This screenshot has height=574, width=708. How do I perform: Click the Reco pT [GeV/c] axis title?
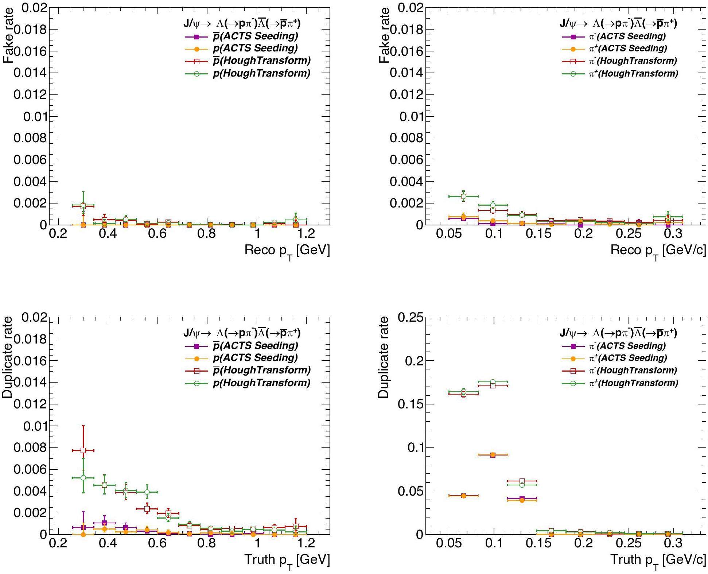[x=658, y=251]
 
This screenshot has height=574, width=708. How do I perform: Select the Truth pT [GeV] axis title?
[x=287, y=560]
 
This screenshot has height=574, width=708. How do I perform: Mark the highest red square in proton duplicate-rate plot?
[x=83, y=450]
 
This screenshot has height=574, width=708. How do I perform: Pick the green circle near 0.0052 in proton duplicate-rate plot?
[x=83, y=478]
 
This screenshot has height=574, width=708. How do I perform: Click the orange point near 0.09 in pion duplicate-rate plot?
[x=493, y=455]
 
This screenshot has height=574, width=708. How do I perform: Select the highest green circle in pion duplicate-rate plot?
[x=493, y=382]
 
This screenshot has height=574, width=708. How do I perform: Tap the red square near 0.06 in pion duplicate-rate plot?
[x=522, y=481]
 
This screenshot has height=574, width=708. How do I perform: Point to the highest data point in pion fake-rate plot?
[x=463, y=196]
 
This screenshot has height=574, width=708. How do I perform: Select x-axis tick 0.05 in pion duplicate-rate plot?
[x=449, y=543]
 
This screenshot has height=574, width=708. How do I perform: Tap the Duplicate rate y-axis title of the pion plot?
[x=384, y=357]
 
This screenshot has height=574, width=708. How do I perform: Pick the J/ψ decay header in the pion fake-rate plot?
[x=618, y=23]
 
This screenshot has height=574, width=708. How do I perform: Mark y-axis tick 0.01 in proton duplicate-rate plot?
[x=35, y=426]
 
